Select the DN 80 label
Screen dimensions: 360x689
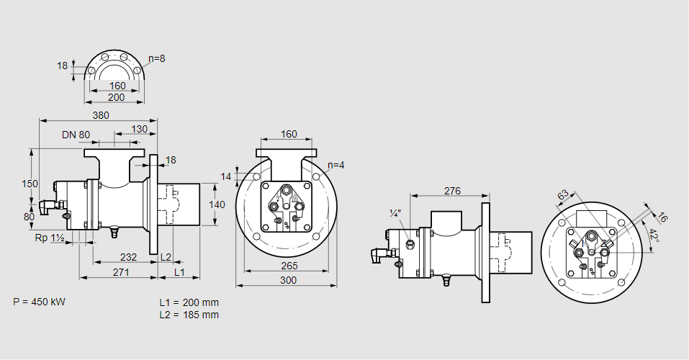76,135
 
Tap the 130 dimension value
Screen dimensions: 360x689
140,130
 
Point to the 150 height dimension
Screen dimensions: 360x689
30,184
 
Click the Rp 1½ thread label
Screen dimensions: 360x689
50,238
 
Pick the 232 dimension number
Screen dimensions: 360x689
128,257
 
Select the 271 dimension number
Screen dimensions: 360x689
120,272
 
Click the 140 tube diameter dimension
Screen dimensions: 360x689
217,204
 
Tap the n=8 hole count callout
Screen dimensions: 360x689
157,58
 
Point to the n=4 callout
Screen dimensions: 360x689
336,165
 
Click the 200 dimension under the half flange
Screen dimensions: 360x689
116,97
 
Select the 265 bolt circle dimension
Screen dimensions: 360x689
287,266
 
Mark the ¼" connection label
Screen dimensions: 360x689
395,213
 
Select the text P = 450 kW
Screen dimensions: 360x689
39,302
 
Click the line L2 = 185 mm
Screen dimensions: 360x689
189,315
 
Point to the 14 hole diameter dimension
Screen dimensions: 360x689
227,176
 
